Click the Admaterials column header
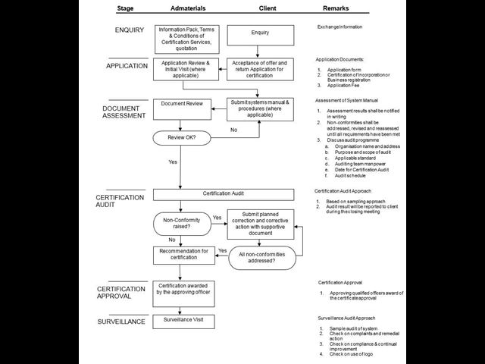pos(183,9)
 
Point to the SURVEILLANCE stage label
pos(121,322)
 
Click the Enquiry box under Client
pos(260,34)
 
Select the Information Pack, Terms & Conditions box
pos(182,38)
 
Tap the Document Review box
pos(182,108)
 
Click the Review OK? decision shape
pos(181,138)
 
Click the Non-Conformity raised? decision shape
pos(181,224)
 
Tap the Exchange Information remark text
pos(339,27)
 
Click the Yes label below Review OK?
pos(173,162)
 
